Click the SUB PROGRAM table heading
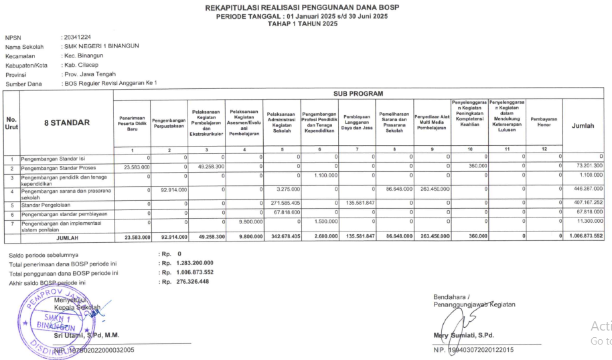click(358, 94)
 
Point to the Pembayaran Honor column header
click(543, 122)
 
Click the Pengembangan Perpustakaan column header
click(169, 122)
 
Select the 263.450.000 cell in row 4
click(434, 189)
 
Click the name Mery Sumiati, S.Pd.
click(467, 335)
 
